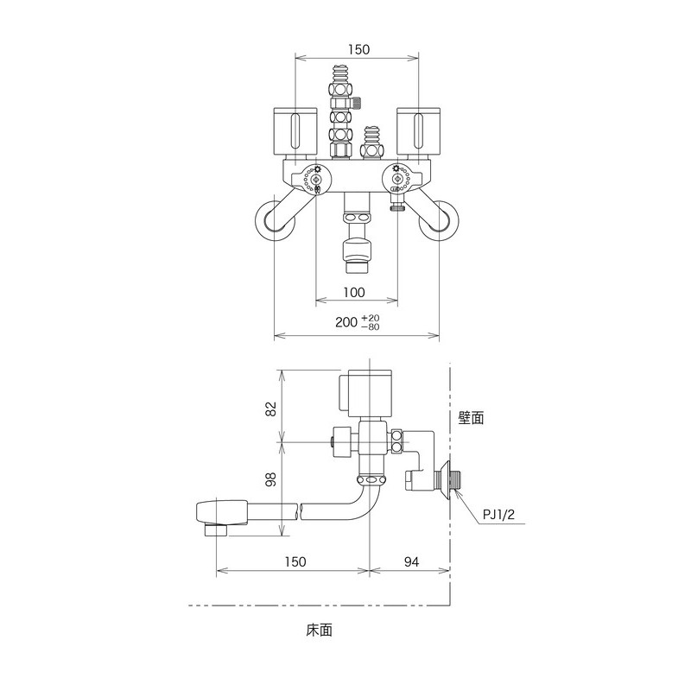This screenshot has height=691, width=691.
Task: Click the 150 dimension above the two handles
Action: (x=355, y=50)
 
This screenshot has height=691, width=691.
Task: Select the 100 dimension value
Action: (x=354, y=291)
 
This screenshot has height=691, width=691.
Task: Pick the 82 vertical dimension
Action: (x=269, y=406)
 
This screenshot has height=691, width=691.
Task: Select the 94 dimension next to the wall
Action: (x=410, y=562)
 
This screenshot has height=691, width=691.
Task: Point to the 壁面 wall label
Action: (x=472, y=417)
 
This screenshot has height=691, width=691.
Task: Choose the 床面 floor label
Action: (x=319, y=631)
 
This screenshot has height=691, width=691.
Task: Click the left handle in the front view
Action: (x=295, y=132)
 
